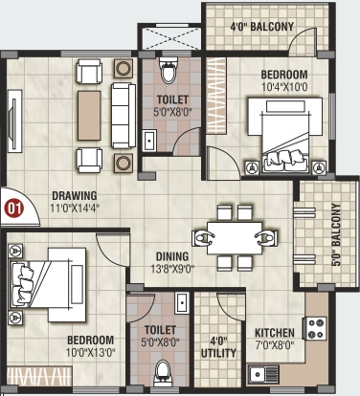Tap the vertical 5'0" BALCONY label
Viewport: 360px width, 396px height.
335,233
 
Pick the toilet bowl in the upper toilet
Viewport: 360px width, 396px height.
168,73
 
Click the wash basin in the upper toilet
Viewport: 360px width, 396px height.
150,141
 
